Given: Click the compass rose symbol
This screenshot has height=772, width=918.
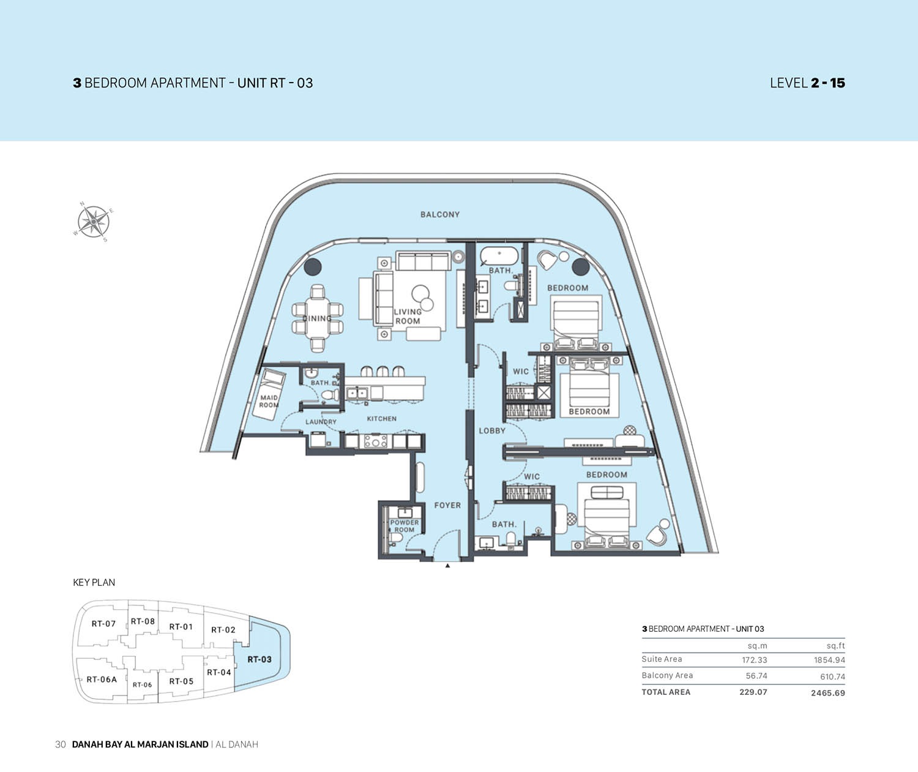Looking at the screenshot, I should click(93, 221).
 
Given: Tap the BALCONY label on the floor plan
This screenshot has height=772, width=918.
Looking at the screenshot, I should click(439, 215).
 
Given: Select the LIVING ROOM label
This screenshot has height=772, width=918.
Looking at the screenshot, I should click(408, 317).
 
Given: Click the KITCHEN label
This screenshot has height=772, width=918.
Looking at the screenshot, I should click(381, 419).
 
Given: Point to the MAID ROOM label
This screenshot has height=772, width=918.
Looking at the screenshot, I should click(269, 401).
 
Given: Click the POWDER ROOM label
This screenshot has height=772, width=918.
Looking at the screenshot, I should click(405, 526).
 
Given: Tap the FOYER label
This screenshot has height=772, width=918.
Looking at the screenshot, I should click(447, 505).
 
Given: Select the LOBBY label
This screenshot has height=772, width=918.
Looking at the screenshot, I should click(492, 430).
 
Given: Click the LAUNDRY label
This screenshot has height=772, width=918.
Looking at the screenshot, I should click(321, 422).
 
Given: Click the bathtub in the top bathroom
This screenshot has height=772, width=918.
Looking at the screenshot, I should click(499, 255).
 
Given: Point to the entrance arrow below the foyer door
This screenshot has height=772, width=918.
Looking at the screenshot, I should click(448, 566).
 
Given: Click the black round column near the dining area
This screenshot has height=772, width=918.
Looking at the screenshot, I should click(313, 266).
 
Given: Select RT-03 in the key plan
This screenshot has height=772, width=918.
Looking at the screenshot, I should click(259, 659).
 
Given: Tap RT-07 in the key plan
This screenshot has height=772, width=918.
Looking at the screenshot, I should click(103, 624).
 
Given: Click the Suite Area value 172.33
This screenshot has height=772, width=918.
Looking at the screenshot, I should click(754, 660).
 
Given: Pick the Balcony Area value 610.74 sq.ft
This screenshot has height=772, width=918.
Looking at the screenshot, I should click(832, 676).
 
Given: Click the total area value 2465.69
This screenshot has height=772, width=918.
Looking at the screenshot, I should click(827, 693).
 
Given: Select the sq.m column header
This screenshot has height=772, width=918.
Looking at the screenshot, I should click(757, 646).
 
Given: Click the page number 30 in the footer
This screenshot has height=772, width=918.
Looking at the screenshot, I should click(60, 744).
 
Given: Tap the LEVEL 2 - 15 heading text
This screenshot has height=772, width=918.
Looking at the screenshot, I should click(807, 83).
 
